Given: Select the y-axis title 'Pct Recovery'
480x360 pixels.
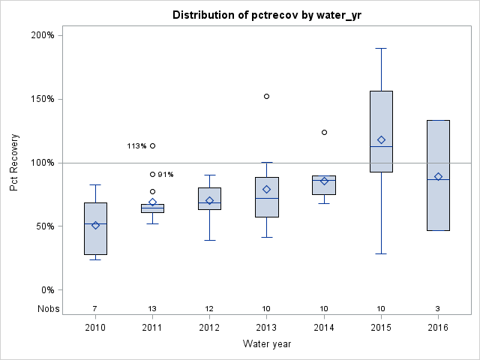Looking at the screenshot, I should click(15, 163).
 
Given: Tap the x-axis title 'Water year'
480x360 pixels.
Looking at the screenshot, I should click(267, 343).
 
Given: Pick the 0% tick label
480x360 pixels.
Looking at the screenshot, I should click(46, 290).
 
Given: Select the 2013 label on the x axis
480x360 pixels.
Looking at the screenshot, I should click(267, 327).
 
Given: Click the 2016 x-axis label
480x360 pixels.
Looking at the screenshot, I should click(438, 327).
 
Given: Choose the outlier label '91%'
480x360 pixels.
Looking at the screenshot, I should click(166, 175).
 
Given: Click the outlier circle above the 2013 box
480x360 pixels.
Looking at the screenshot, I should click(267, 96).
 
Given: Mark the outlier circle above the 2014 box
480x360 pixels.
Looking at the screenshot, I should click(324, 132).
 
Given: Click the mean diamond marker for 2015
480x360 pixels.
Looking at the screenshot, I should click(381, 139).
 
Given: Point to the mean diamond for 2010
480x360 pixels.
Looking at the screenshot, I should click(95, 225).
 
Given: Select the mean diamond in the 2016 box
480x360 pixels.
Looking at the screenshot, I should click(438, 176).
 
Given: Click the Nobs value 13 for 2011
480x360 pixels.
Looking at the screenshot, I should click(152, 309).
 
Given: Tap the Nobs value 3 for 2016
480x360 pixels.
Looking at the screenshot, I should click(438, 309).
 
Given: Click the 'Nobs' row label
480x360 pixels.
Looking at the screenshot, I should click(46, 309).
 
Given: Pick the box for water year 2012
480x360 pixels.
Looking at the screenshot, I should click(209, 199).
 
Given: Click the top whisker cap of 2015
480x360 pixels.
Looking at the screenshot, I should click(381, 48).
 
